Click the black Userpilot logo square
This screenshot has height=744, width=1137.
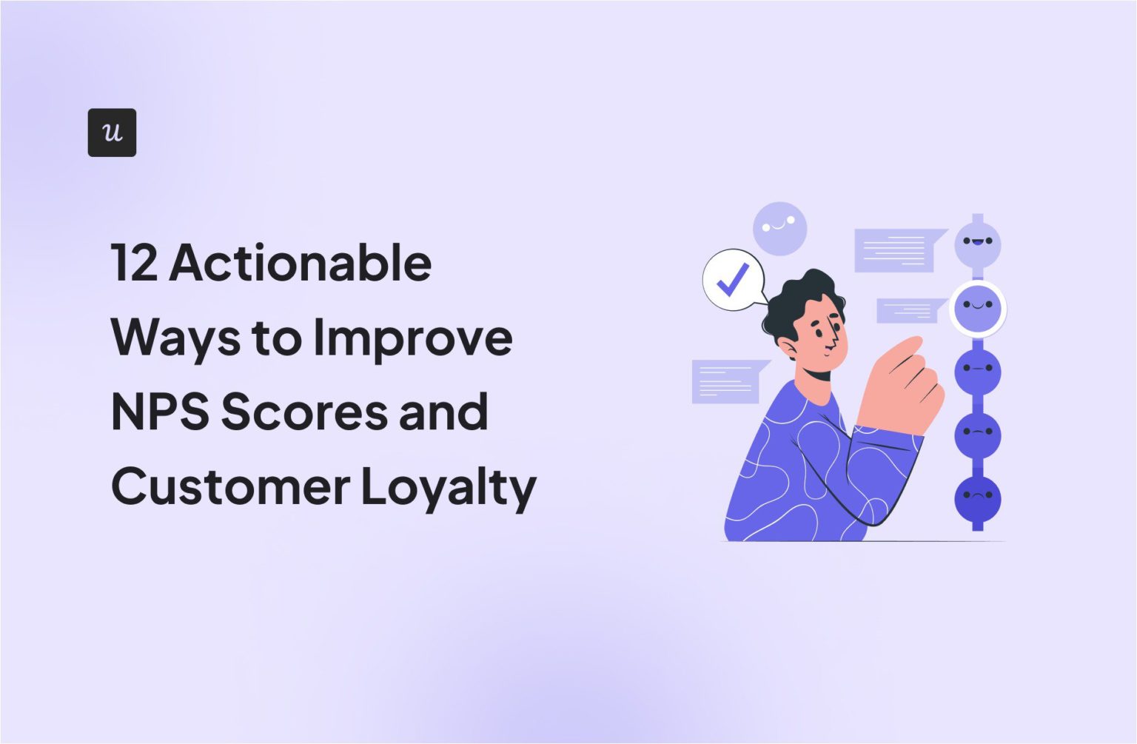[x=112, y=133]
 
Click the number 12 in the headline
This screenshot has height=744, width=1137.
[x=134, y=264]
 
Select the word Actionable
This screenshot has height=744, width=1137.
[x=301, y=264]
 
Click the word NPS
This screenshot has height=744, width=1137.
[x=160, y=412]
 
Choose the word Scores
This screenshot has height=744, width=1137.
[x=303, y=412]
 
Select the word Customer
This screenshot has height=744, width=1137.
[x=230, y=486]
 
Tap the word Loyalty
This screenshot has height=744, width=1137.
[x=449, y=488]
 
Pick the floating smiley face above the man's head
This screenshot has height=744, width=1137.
[x=779, y=228]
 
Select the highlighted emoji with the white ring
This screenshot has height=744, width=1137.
[x=977, y=308]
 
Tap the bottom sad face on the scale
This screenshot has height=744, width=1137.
[x=977, y=498]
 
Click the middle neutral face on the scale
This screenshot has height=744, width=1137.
[x=977, y=371]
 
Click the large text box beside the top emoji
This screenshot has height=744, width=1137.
[x=895, y=250]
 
